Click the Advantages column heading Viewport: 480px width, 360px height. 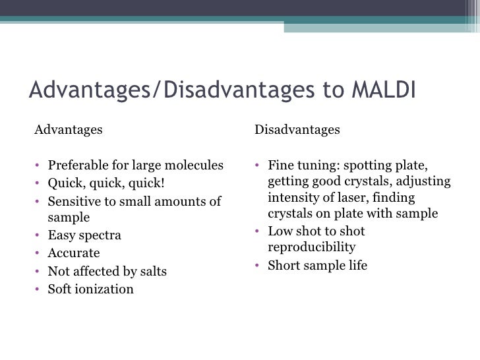click(69, 130)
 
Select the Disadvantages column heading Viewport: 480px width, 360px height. click(297, 130)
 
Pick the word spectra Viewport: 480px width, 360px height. click(99, 235)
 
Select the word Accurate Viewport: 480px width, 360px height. click(74, 253)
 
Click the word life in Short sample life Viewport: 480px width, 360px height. click(355, 266)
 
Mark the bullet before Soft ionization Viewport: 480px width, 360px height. click(38, 289)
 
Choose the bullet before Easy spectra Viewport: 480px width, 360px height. click(38, 236)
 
